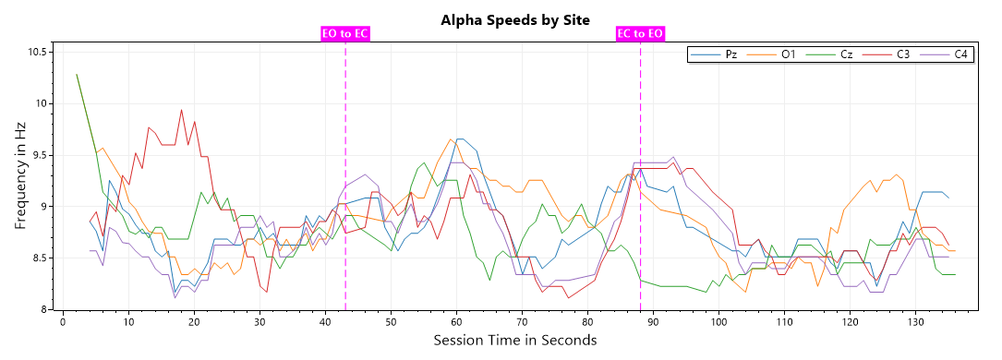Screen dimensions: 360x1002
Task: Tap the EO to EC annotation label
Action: click(x=345, y=34)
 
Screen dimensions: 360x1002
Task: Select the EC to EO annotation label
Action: click(x=640, y=34)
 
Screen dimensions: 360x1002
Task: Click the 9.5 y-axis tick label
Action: click(x=39, y=155)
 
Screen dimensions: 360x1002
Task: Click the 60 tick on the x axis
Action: click(x=456, y=321)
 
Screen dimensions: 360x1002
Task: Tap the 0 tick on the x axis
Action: click(x=63, y=321)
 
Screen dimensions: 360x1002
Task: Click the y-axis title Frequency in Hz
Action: click(x=20, y=180)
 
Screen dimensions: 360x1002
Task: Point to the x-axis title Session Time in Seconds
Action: click(x=515, y=341)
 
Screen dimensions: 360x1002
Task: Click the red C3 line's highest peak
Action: click(x=181, y=110)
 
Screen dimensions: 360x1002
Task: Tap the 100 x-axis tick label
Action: click(x=718, y=321)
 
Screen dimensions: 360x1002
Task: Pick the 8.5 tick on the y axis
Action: click(x=39, y=258)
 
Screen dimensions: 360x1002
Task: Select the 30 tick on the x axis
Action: click(x=260, y=321)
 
